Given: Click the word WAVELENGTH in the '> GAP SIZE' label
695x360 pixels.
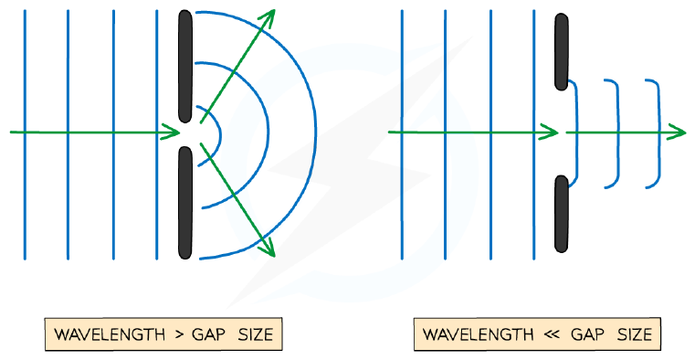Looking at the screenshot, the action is (x=110, y=334).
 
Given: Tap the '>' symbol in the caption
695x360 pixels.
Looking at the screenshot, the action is (x=179, y=334).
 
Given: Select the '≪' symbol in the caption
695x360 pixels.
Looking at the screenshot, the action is (x=552, y=334).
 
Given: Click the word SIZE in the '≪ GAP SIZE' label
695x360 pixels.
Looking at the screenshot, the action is (x=635, y=334).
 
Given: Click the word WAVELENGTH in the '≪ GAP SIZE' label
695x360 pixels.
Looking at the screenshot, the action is (x=479, y=334).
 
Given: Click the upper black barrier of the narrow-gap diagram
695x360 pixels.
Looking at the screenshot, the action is (x=185, y=67).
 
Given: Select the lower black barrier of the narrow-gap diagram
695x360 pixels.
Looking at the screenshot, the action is (x=185, y=203).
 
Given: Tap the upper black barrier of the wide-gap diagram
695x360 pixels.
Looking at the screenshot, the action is (x=562, y=52).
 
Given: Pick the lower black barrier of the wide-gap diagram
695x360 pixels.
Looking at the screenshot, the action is (x=562, y=214).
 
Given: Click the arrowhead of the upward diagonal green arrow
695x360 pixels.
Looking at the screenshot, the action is (x=269, y=16).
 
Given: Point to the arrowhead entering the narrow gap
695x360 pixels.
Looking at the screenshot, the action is (x=172, y=132).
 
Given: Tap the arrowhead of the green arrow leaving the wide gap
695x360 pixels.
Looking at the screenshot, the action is (x=678, y=132).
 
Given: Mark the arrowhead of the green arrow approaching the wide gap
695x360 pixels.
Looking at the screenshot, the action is (x=549, y=132).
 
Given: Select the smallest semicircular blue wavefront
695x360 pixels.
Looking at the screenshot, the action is (x=220, y=135).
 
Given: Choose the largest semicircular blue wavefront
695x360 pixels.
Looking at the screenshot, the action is (x=315, y=133).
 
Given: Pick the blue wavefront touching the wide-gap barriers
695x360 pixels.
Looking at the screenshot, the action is (x=577, y=133).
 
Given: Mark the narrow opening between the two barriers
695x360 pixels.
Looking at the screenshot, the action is (x=185, y=135).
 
